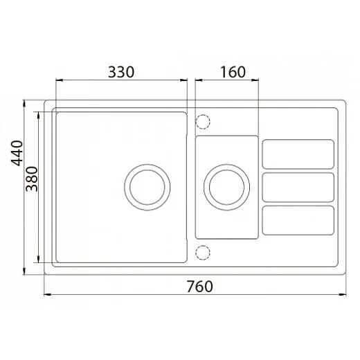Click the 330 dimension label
point(121,72)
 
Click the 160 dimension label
point(233,72)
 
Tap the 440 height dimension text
point(17,153)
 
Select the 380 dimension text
point(32,179)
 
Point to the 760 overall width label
point(199,287)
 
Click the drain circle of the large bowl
point(125,187)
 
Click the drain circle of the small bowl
point(204,187)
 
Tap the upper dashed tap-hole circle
point(196,122)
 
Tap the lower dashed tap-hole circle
point(196,253)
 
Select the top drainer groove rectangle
point(298,140)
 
